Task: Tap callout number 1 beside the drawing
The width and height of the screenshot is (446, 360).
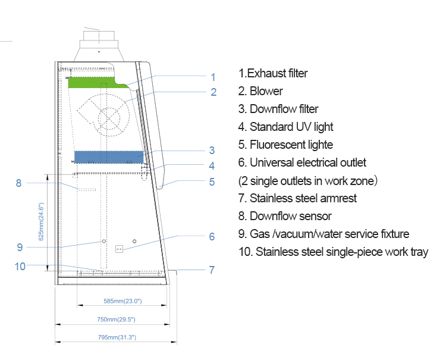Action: (x=212, y=76)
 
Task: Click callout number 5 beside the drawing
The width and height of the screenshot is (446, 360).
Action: (x=212, y=182)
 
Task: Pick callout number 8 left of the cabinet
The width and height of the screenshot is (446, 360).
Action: (x=19, y=183)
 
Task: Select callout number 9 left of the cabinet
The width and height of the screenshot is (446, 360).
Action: (x=20, y=247)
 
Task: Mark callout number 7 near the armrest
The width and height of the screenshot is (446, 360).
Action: (x=212, y=270)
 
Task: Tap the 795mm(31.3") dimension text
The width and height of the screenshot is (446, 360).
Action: (x=117, y=337)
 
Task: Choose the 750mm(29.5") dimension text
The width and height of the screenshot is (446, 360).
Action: (x=117, y=320)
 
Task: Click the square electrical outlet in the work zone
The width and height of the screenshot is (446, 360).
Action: (x=118, y=249)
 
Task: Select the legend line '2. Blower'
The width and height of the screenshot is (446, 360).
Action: (x=260, y=91)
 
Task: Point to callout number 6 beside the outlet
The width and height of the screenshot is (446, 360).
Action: (x=212, y=236)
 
